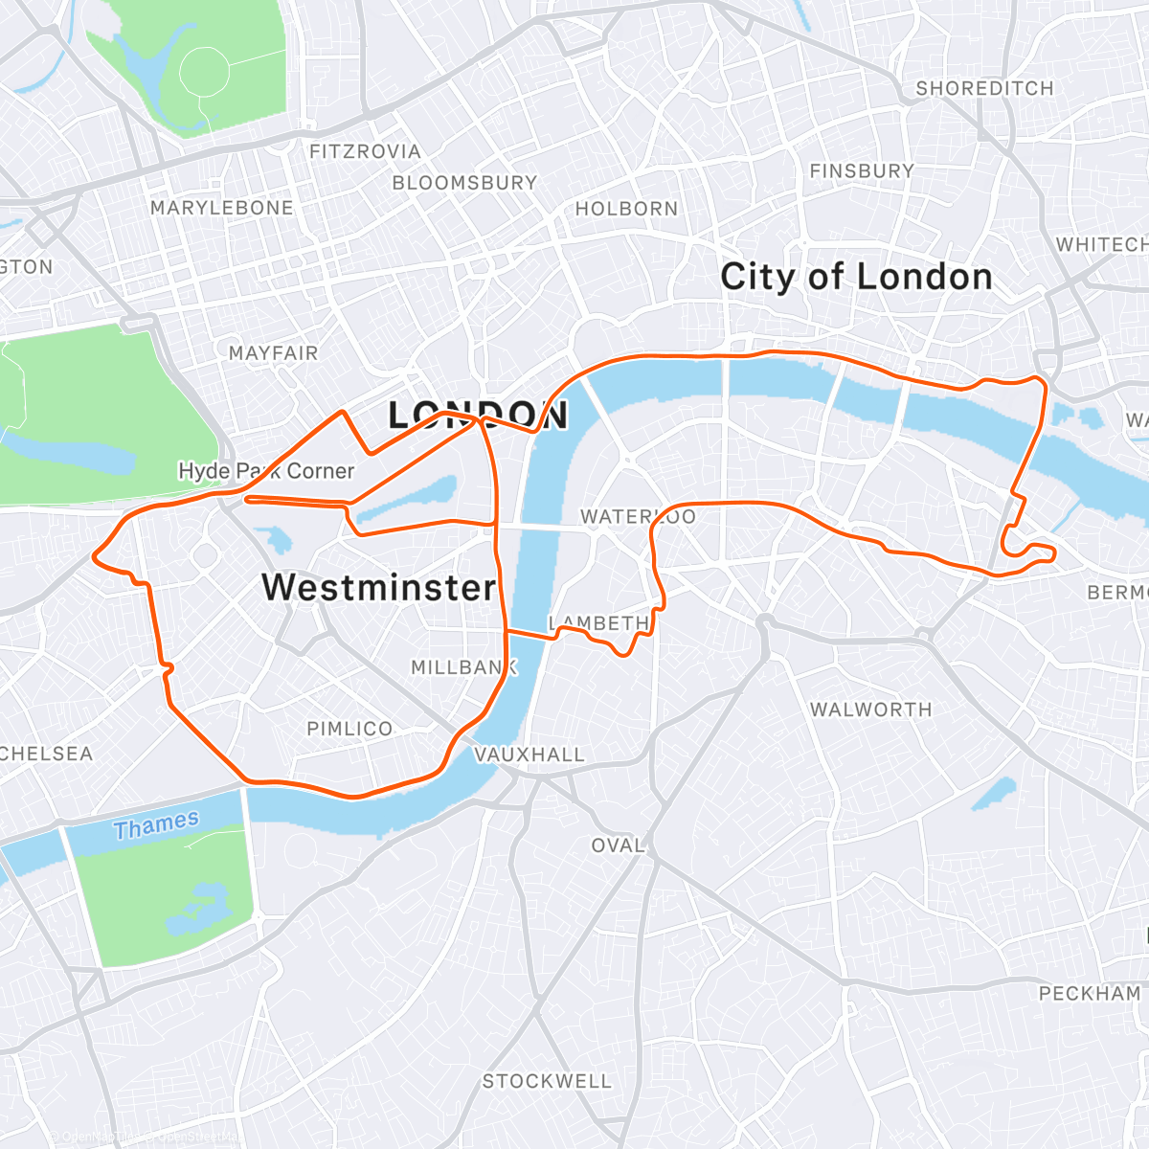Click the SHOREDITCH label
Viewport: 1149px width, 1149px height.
pos(984,88)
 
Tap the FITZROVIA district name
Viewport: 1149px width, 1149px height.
pos(365,151)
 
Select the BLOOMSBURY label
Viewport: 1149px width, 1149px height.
pos(464,182)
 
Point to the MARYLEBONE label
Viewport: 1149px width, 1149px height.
pos(222,208)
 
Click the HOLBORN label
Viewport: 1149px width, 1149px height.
pos(626,209)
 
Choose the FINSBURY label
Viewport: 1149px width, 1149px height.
pos(862,170)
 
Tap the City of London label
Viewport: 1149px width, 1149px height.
pos(856,277)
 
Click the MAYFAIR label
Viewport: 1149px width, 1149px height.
pos(273,353)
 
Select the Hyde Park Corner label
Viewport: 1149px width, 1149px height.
pos(266,471)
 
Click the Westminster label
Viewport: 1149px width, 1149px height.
pos(379,587)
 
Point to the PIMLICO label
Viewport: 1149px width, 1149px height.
pos(349,729)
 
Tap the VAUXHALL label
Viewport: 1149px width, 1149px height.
pos(529,755)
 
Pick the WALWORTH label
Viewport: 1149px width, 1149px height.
pos(870,710)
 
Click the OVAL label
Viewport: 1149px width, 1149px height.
pos(618,845)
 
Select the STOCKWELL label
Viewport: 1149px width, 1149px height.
pos(547,1081)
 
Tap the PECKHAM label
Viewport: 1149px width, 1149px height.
pos(1090,993)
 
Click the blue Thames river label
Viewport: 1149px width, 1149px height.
pos(156,824)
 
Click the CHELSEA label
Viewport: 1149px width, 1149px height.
pos(46,754)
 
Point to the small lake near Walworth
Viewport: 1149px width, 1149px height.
pos(993,792)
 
